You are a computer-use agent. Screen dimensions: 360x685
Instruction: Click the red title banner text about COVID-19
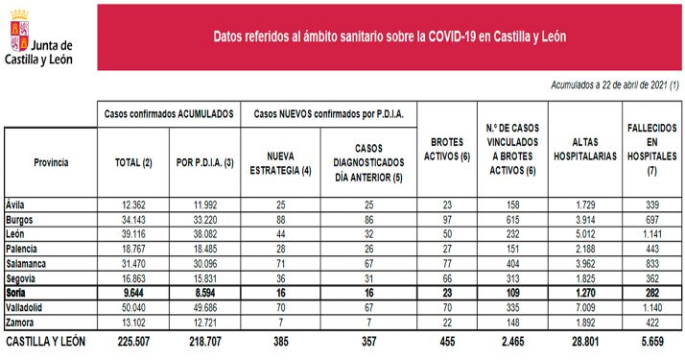[x=389, y=37]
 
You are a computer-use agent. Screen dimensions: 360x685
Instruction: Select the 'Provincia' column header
[x=51, y=162]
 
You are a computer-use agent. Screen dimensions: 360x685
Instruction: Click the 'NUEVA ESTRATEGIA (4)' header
[x=280, y=162]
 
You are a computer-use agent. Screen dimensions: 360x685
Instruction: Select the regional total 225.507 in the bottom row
[x=132, y=340]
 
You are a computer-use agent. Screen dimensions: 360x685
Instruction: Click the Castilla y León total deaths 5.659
[x=651, y=340]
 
